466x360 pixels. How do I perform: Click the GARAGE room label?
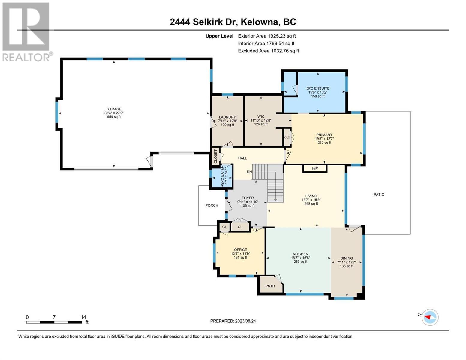[x=114, y=109]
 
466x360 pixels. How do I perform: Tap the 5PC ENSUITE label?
[x=318, y=88]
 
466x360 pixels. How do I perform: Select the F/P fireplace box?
[x=315, y=168]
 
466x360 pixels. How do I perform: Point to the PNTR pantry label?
[x=270, y=286]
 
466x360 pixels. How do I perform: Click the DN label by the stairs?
[x=249, y=172]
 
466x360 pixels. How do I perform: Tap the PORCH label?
[x=212, y=205]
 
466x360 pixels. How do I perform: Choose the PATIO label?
[x=379, y=194]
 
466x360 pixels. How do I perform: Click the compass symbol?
[x=430, y=317]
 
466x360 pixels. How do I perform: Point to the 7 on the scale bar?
[x=54, y=317]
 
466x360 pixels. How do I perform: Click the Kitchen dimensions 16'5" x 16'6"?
[x=300, y=258]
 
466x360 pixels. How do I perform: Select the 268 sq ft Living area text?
[x=311, y=204]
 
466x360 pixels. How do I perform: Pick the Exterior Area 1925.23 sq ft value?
[x=267, y=36]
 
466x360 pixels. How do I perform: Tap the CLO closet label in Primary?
[x=287, y=137]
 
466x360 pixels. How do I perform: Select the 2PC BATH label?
[x=222, y=178]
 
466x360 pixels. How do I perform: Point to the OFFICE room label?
[x=240, y=250]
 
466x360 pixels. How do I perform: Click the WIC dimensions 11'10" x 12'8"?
[x=261, y=120]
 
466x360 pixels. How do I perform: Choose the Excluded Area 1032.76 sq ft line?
[x=269, y=51]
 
